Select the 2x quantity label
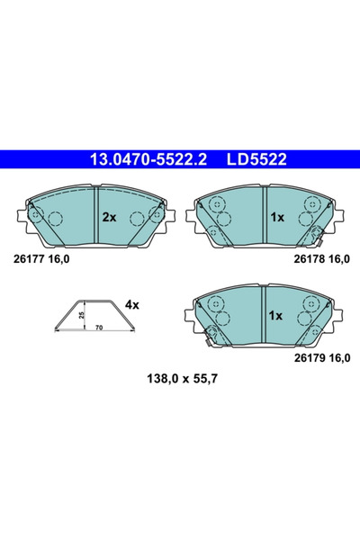109,217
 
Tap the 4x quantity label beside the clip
131,305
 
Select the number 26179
309,356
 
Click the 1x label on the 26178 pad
277,217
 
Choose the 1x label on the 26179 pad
277,316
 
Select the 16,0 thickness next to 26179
338,356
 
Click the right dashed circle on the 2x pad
137,218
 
